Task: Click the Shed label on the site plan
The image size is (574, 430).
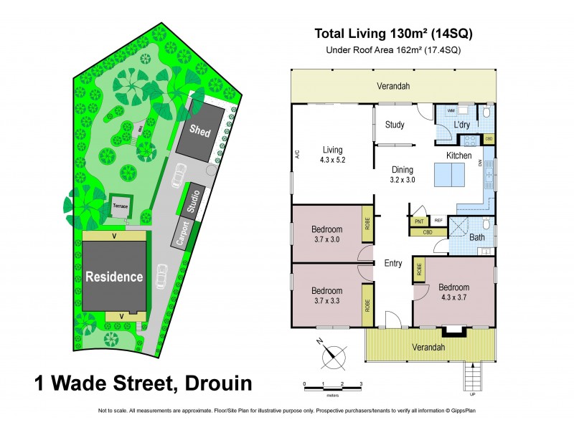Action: click(x=197, y=130)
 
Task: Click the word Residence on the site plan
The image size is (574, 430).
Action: click(x=114, y=277)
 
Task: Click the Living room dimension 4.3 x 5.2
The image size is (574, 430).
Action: click(x=333, y=160)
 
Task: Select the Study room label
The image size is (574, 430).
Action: click(x=394, y=125)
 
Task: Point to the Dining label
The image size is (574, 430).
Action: click(x=402, y=170)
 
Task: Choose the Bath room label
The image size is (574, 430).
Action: click(x=476, y=237)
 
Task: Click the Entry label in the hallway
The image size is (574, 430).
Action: click(x=393, y=264)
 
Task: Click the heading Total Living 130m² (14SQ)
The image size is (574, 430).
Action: click(x=394, y=33)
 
